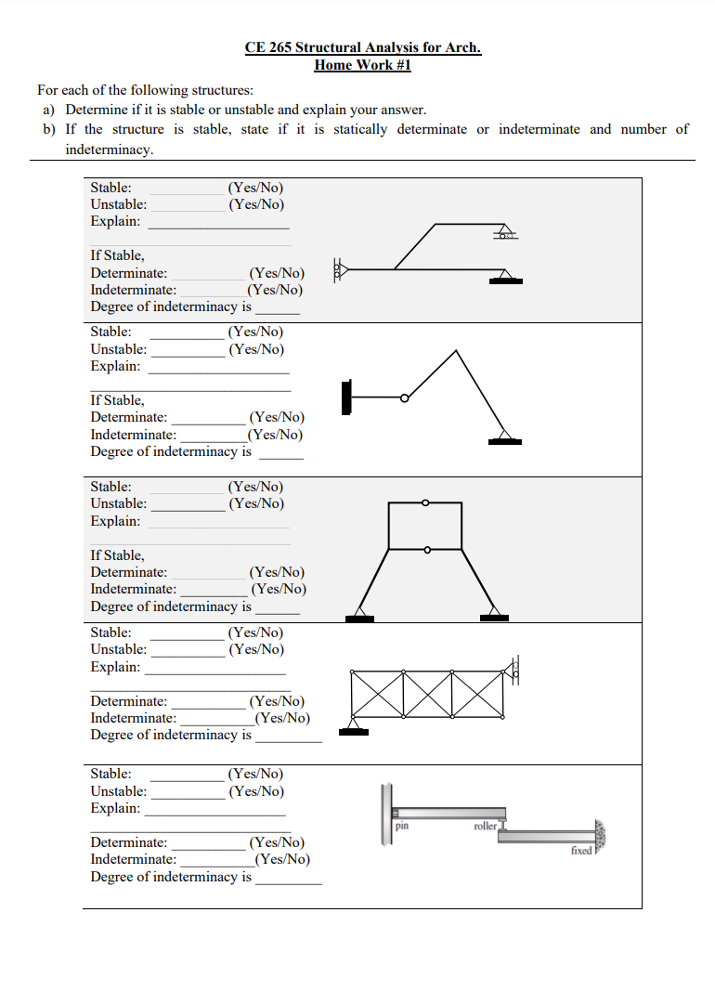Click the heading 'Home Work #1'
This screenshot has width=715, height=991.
pyautogui.click(x=362, y=65)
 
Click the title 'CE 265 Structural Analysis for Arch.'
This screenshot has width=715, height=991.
pyautogui.click(x=363, y=47)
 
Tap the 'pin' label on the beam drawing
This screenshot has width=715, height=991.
pyautogui.click(x=402, y=825)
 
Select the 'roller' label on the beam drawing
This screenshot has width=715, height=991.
pyautogui.click(x=485, y=825)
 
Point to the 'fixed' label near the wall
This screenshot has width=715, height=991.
pyautogui.click(x=581, y=850)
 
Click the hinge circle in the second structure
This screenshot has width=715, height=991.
pyautogui.click(x=404, y=398)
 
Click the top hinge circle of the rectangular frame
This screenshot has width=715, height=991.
pyautogui.click(x=425, y=502)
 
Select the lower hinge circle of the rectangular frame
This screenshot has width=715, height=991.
pyautogui.click(x=427, y=550)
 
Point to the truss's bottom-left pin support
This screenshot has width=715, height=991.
pyautogui.click(x=353, y=726)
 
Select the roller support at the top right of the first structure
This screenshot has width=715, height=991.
pyautogui.click(x=505, y=232)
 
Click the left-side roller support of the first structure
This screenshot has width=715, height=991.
pyautogui.click(x=339, y=270)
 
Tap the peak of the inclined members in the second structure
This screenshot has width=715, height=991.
pyautogui.click(x=455, y=351)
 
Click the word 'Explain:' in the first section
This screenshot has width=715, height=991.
pyautogui.click(x=115, y=221)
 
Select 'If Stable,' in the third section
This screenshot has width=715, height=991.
pyautogui.click(x=117, y=555)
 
